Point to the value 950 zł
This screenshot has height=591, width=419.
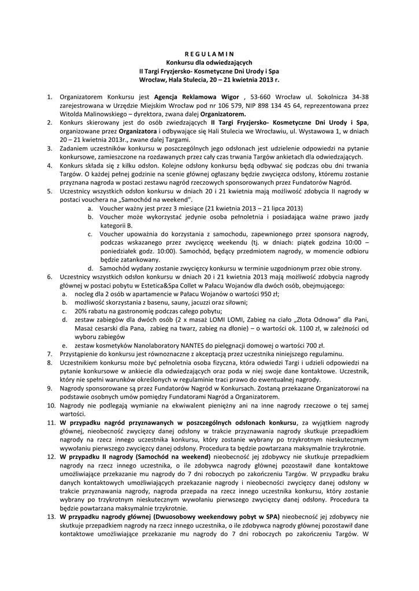pos(268,294)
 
